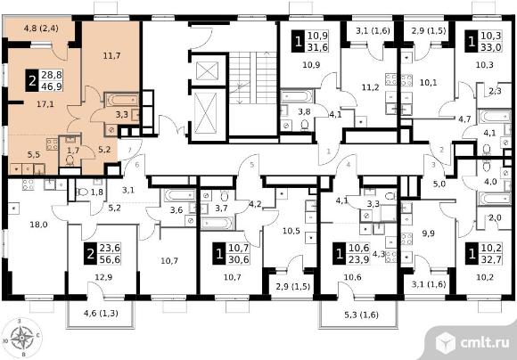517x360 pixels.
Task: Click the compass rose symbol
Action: point(21,337)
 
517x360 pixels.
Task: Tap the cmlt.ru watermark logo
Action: point(472,342)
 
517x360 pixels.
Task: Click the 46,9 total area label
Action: point(52,86)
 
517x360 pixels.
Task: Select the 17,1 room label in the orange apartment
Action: point(45,104)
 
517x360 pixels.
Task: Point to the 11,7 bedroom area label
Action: point(111,56)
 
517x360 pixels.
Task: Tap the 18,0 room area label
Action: point(38,225)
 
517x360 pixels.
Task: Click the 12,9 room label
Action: point(103,277)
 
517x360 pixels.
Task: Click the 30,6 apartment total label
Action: point(238,260)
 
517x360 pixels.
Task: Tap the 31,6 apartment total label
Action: point(318,47)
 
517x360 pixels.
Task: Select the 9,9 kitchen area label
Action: point(428,233)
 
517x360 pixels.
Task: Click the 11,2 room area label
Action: point(370,87)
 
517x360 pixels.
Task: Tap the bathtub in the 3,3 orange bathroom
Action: point(121,99)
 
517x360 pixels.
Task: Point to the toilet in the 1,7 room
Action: point(70,160)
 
